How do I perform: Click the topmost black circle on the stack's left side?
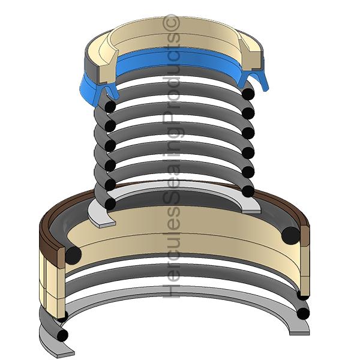[x=110, y=106]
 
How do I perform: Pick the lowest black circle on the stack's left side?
[x=110, y=203]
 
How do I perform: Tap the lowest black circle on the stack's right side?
[x=247, y=191]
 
